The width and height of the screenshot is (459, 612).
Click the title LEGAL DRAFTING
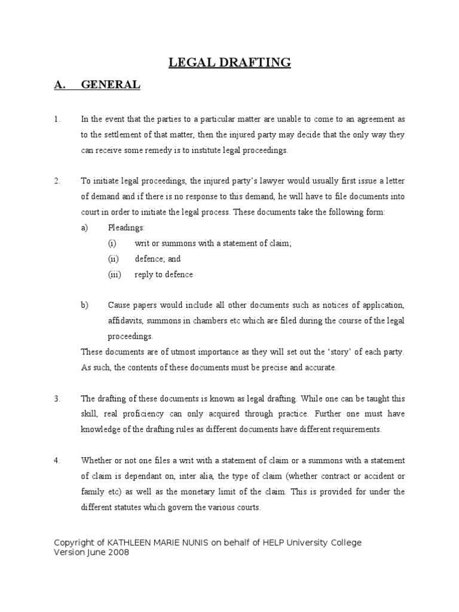pyautogui.click(x=229, y=62)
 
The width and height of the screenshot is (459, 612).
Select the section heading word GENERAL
pyautogui.click(x=111, y=85)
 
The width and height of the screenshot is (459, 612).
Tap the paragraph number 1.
pyautogui.click(x=57, y=120)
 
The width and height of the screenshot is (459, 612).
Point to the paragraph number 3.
pyautogui.click(x=57, y=398)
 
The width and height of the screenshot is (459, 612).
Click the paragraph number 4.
pyautogui.click(x=57, y=460)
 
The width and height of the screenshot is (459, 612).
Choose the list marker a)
pyautogui.click(x=85, y=228)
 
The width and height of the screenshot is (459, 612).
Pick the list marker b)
pyautogui.click(x=85, y=305)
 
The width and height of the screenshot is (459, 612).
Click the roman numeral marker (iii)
pyautogui.click(x=115, y=274)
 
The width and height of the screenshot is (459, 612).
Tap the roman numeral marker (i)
pyautogui.click(x=112, y=243)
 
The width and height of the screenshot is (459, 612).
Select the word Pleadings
pyautogui.click(x=126, y=228)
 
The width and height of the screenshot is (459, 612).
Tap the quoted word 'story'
pyautogui.click(x=338, y=352)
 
